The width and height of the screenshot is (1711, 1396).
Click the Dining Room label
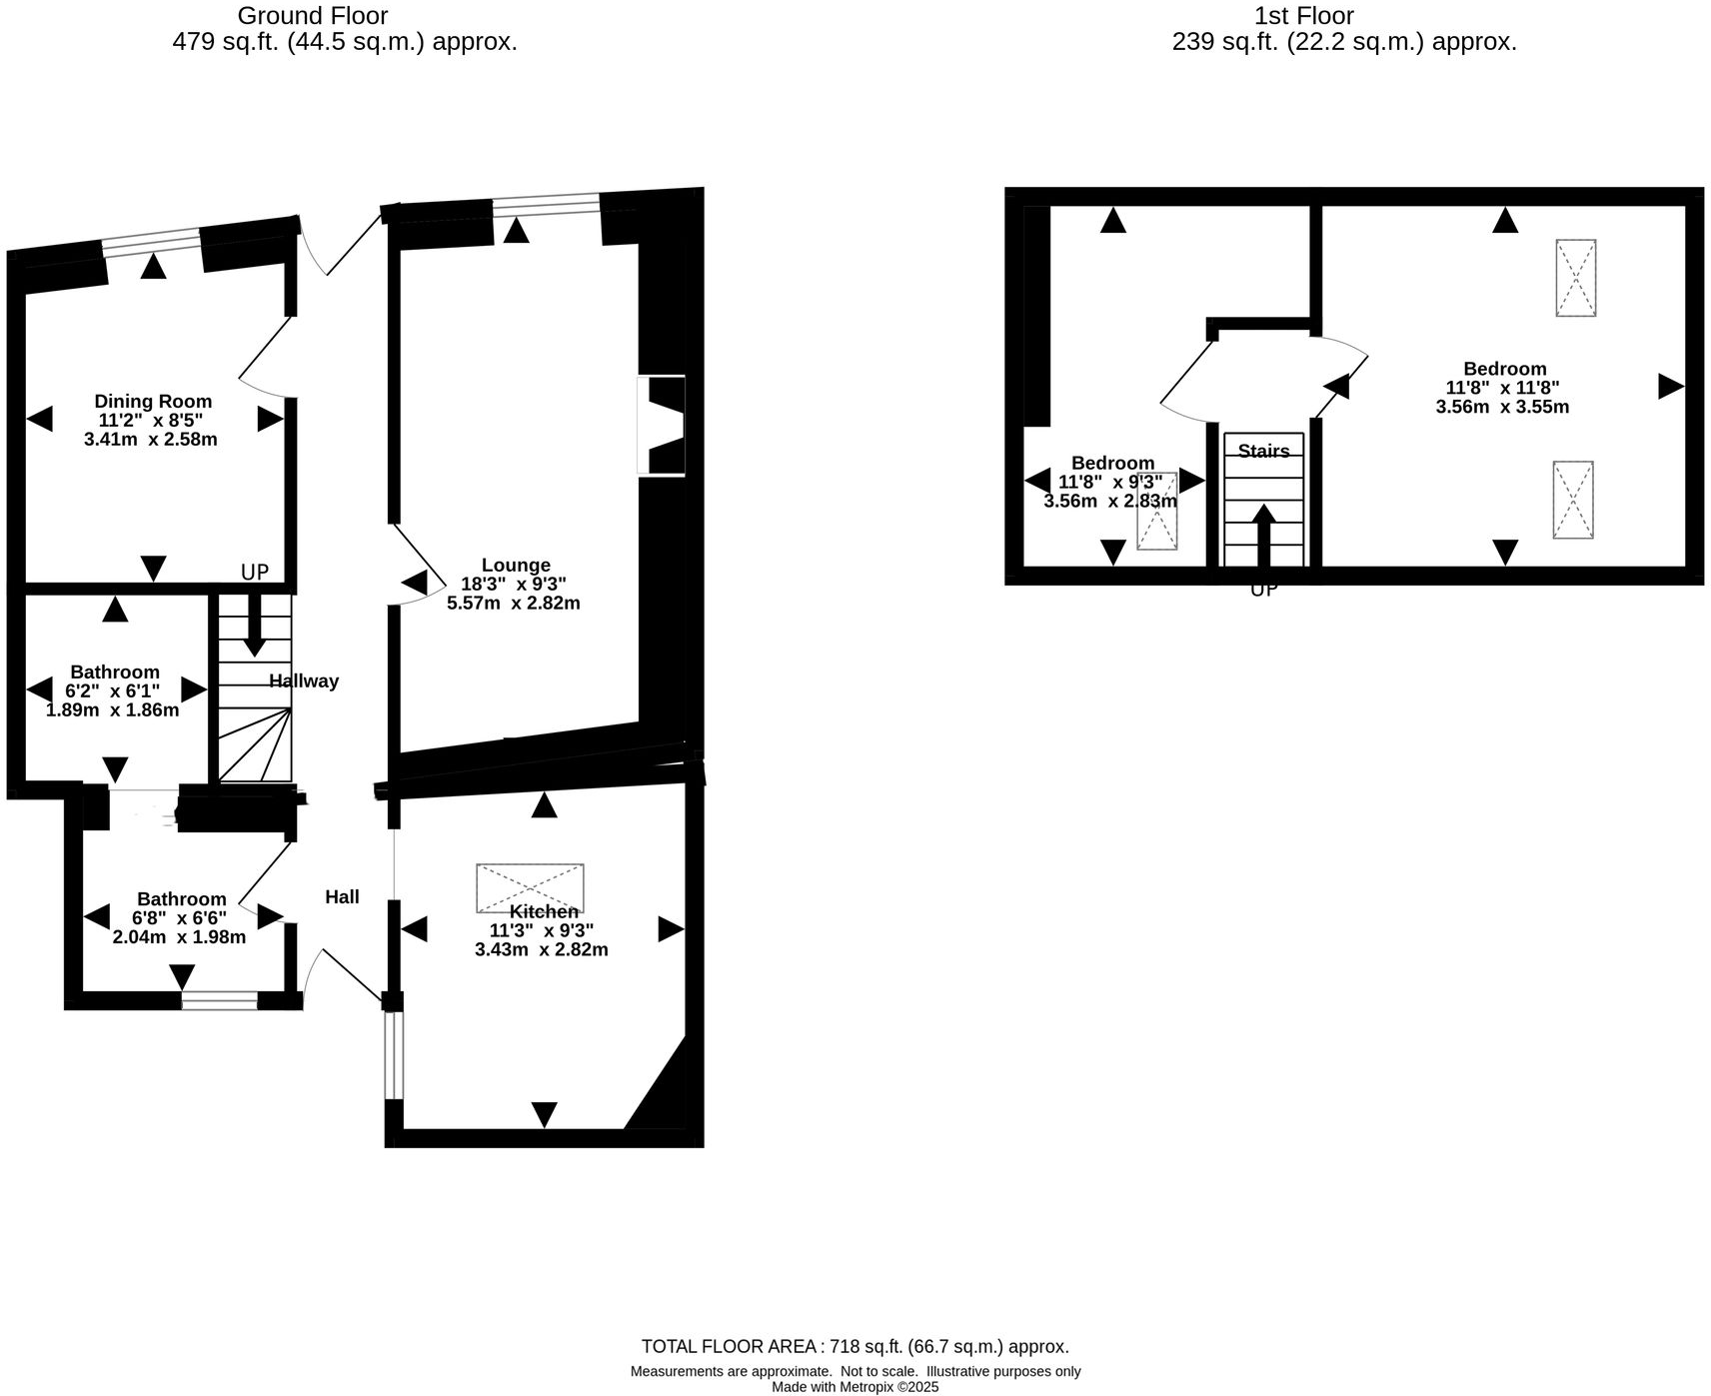(153, 401)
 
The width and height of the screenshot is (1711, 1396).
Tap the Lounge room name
(516, 565)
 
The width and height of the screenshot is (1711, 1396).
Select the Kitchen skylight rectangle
(530, 887)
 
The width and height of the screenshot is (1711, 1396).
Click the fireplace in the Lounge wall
(663, 425)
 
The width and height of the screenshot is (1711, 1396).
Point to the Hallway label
(304, 681)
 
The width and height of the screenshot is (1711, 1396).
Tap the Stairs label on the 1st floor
(1263, 451)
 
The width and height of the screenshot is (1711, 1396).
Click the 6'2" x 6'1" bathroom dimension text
(113, 691)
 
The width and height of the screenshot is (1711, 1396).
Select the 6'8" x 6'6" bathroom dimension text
(180, 917)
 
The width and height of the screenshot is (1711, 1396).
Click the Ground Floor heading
(312, 16)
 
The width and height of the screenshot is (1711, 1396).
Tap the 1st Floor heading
(1304, 16)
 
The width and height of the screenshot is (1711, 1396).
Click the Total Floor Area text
(855, 1346)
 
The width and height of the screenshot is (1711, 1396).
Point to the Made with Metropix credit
(855, 1386)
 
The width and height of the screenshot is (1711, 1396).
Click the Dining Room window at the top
(152, 241)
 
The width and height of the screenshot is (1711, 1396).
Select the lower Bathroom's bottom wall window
(220, 999)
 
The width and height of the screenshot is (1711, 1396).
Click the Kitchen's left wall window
(394, 1055)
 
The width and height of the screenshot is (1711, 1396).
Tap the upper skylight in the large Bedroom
(1575, 278)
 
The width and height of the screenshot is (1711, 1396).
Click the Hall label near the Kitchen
(342, 897)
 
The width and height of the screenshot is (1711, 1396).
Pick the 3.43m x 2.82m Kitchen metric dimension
(541, 949)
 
